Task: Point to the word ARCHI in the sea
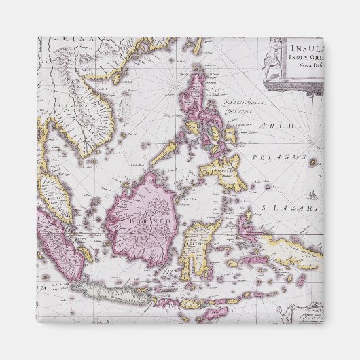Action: click(x=274, y=127)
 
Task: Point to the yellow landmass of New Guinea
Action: click(x=292, y=251)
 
